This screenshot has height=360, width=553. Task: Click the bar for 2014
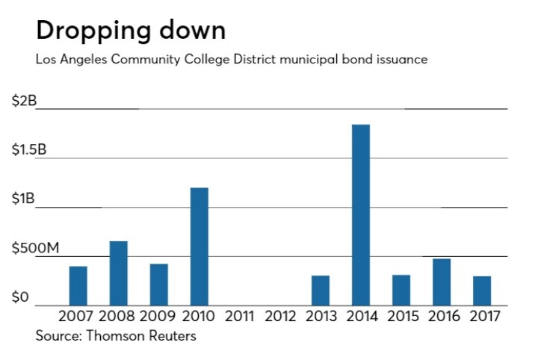tap(360, 215)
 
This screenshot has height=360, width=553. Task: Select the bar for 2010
tap(199, 246)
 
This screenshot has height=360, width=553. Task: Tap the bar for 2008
tap(118, 273)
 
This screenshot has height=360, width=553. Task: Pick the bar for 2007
tap(78, 286)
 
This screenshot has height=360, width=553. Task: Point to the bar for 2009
tap(158, 285)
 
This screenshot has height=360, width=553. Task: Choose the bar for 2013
tap(320, 291)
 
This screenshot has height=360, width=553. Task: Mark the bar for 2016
tap(441, 282)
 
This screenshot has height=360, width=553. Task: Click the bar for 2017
tap(481, 291)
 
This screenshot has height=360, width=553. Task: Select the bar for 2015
tap(401, 291)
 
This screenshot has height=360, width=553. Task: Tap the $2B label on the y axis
tap(24, 101)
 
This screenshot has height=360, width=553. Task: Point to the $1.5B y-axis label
tap(29, 150)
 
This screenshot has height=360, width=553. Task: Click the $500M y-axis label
tap(35, 249)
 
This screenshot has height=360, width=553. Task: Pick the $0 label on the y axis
tap(20, 298)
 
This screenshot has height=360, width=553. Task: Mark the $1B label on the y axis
tap(24, 199)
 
